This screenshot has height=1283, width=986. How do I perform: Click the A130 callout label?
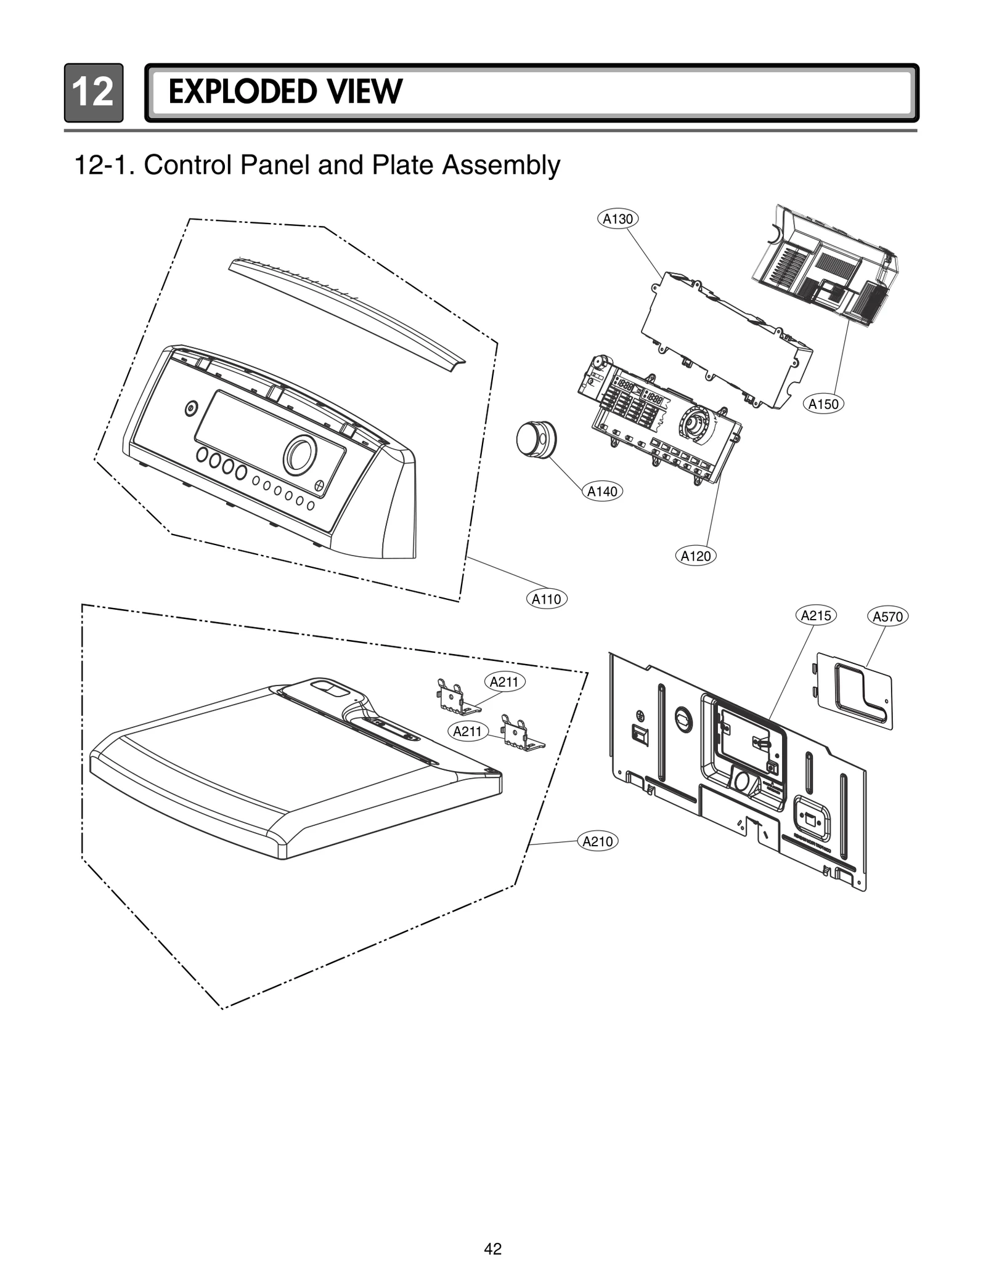pyautogui.click(x=617, y=219)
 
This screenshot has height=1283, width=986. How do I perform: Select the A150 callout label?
pyautogui.click(x=823, y=404)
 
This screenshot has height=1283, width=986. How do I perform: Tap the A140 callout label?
pyautogui.click(x=602, y=492)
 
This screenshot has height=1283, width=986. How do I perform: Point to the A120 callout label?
pyautogui.click(x=696, y=556)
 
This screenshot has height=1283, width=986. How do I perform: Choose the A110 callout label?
pyautogui.click(x=546, y=599)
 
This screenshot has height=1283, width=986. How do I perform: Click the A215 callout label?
pyautogui.click(x=816, y=615)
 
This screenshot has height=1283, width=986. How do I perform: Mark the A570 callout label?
pyautogui.click(x=887, y=617)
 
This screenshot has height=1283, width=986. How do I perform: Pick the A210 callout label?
pyautogui.click(x=597, y=841)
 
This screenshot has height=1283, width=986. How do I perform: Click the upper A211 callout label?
pyautogui.click(x=503, y=682)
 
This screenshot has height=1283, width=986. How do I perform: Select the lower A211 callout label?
pyautogui.click(x=467, y=731)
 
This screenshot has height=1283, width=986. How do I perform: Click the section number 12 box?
pyautogui.click(x=93, y=93)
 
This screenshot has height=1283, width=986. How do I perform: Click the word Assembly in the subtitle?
pyautogui.click(x=501, y=165)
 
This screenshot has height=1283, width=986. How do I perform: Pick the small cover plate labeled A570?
pyautogui.click(x=855, y=691)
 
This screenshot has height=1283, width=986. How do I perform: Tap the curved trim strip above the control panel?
pyautogui.click(x=345, y=312)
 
